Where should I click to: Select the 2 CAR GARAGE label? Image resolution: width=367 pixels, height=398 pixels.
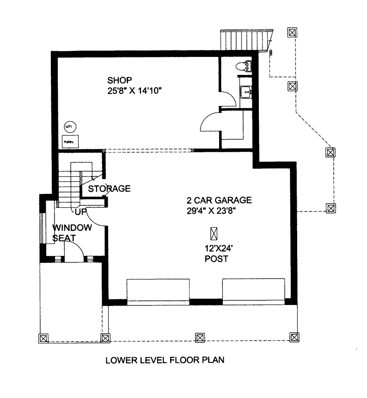pyautogui.click(x=219, y=200)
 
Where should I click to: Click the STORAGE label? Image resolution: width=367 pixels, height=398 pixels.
pyautogui.click(x=109, y=189)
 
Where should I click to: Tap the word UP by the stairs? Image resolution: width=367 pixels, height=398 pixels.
pyautogui.click(x=81, y=212)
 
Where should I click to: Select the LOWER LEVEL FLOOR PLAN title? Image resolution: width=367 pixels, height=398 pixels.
pyautogui.click(x=165, y=360)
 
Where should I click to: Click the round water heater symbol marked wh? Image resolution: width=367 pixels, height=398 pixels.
pyautogui.click(x=69, y=126)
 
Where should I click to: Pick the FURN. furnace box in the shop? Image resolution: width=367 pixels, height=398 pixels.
pyautogui.click(x=70, y=140)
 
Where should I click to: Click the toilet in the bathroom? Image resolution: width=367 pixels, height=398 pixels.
pyautogui.click(x=245, y=66)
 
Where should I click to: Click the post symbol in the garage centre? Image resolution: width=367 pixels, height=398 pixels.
pyautogui.click(x=214, y=233)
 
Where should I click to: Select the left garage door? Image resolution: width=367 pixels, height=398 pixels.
pyautogui.click(x=158, y=291)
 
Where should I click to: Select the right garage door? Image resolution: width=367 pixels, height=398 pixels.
pyautogui.click(x=253, y=291)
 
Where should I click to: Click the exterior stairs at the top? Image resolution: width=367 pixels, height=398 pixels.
pyautogui.click(x=245, y=41)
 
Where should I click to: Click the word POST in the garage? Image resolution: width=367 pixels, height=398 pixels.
pyautogui.click(x=216, y=259)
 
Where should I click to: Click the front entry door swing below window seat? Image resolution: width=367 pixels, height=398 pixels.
pyautogui.click(x=74, y=252)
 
